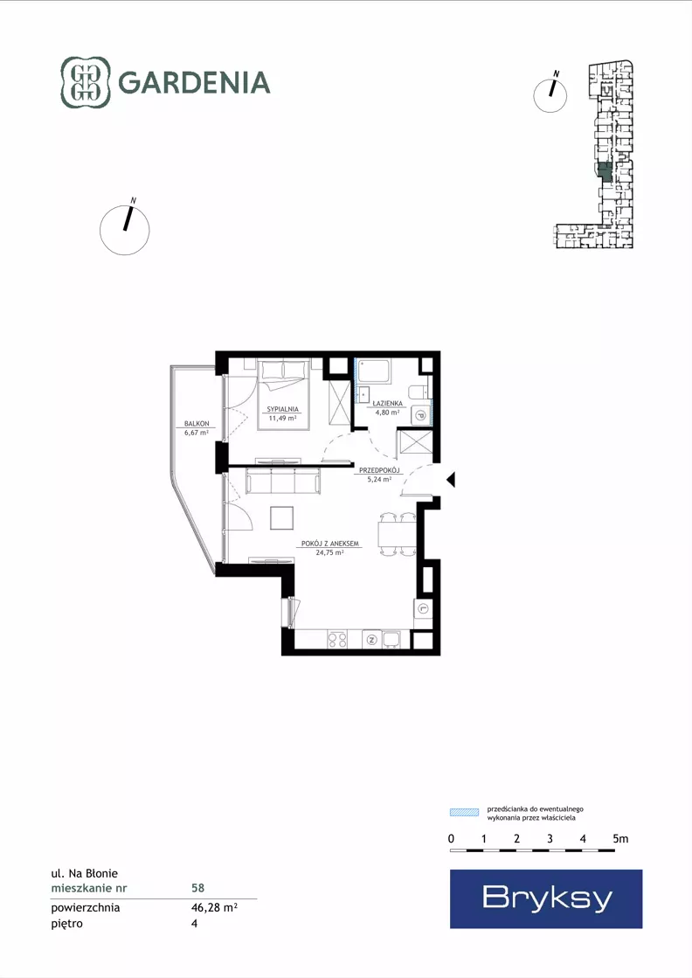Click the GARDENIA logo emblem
(x=86, y=82)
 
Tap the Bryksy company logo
(x=546, y=898)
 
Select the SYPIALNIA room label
(x=283, y=409)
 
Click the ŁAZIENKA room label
(x=389, y=404)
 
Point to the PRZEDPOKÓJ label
(x=379, y=470)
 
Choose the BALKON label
(x=197, y=424)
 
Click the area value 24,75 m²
(x=329, y=552)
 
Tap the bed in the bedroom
(x=284, y=394)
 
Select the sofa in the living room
(x=284, y=481)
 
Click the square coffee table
(x=282, y=518)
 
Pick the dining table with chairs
(x=398, y=535)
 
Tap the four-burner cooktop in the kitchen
(x=337, y=639)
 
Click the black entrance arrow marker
(x=451, y=480)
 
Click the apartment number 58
(x=197, y=888)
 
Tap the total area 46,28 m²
(x=214, y=907)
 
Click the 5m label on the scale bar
(x=620, y=839)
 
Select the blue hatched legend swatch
(x=465, y=812)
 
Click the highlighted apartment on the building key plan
(x=604, y=171)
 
